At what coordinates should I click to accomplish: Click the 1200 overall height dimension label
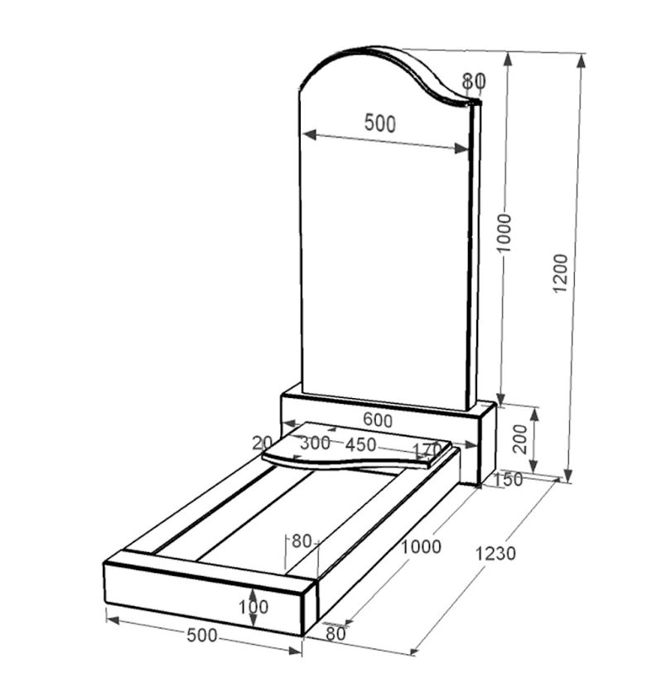click(560, 274)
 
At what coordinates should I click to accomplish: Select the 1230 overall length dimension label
click(495, 554)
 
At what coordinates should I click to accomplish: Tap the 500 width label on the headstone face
click(379, 124)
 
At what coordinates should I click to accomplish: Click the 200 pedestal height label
click(520, 439)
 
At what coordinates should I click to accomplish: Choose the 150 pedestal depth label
click(509, 480)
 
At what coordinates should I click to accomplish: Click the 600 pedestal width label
click(378, 420)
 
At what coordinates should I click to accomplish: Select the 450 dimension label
click(361, 445)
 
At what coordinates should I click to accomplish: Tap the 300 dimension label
click(315, 443)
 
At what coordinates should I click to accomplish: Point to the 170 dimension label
click(427, 450)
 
